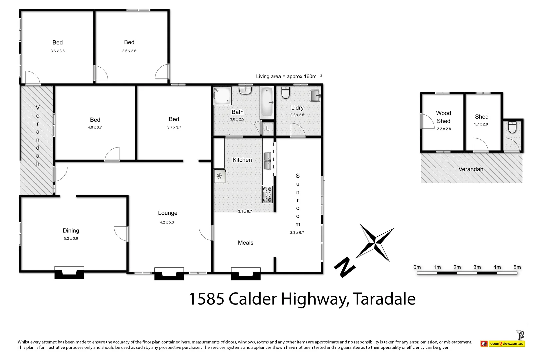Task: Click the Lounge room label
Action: pyautogui.click(x=167, y=213)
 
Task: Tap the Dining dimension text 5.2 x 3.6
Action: pyautogui.click(x=71, y=238)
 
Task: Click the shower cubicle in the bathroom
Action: pyautogui.click(x=222, y=95)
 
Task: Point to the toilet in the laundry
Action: pyautogui.click(x=286, y=93)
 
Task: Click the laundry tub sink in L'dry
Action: pyautogui.click(x=315, y=96)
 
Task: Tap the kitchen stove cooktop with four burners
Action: pyautogui.click(x=267, y=195)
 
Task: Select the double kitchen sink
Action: pyautogui.click(x=267, y=161)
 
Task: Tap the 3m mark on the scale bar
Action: pyautogui.click(x=477, y=267)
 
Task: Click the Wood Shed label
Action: pyautogui.click(x=443, y=117)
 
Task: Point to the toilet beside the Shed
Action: pyautogui.click(x=512, y=127)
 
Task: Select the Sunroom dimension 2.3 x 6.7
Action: pyautogui.click(x=297, y=232)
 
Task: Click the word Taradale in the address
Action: pyautogui.click(x=384, y=299)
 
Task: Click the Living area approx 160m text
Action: pyautogui.click(x=286, y=76)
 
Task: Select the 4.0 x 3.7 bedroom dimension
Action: pyautogui.click(x=95, y=127)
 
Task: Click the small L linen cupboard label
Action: pyautogui.click(x=267, y=128)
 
